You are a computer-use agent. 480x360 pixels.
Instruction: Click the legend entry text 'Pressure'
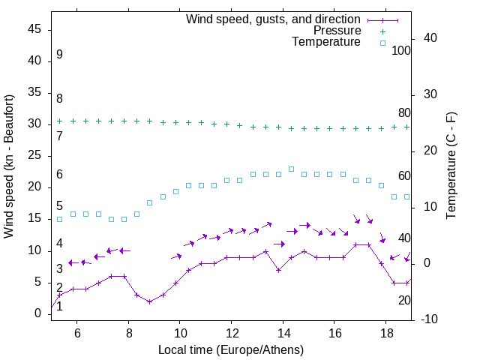click(x=337, y=31)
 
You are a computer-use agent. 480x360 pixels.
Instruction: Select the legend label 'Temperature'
click(x=326, y=42)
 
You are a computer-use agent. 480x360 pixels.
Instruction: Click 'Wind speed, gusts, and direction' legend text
click(x=274, y=19)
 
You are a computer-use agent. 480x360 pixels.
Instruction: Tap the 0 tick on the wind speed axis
click(x=38, y=313)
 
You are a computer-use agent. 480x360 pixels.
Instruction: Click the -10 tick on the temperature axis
click(x=431, y=319)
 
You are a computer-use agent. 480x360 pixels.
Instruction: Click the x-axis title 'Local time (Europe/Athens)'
click(x=231, y=349)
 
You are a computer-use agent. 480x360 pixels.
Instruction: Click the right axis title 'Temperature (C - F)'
click(x=451, y=166)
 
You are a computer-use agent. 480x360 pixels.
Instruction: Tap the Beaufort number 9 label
click(x=59, y=55)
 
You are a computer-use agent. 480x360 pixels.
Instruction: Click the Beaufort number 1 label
click(x=59, y=306)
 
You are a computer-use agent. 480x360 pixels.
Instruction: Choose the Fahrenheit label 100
click(x=401, y=50)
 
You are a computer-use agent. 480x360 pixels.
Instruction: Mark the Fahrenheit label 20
click(x=404, y=300)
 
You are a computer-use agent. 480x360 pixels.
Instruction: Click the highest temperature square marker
click(x=291, y=169)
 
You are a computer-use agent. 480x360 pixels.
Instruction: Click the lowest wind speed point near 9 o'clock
click(x=150, y=301)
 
